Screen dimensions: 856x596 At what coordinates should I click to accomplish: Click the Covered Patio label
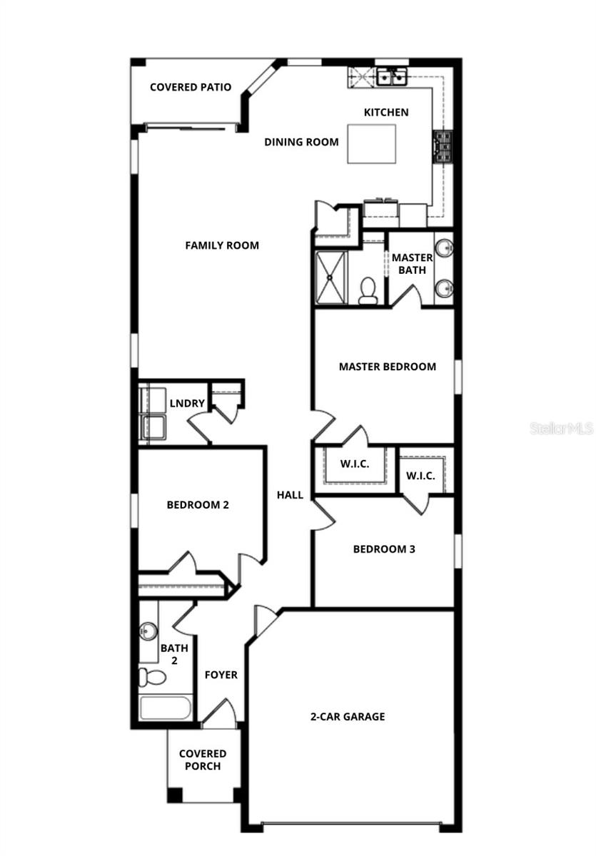click(x=190, y=87)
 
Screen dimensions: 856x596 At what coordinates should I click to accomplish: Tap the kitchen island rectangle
click(x=371, y=144)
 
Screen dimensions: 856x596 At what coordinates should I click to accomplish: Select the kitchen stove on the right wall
click(x=442, y=147)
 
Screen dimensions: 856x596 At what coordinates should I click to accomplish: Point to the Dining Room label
click(x=301, y=142)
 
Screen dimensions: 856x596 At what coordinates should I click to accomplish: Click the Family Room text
click(x=222, y=245)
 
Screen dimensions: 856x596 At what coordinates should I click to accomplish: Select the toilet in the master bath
click(x=368, y=290)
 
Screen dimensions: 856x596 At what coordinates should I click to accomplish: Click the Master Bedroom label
click(x=387, y=367)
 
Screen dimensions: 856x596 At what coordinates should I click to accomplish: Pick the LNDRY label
click(x=187, y=404)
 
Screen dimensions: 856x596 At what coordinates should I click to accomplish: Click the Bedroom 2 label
click(x=198, y=505)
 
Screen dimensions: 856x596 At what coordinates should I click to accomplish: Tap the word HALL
click(x=291, y=495)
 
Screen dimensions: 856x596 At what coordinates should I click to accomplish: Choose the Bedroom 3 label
click(x=384, y=549)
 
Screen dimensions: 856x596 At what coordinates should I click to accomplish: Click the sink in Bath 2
click(x=148, y=631)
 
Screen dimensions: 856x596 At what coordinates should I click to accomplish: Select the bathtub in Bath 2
click(x=166, y=708)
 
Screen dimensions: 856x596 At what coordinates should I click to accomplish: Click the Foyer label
click(x=221, y=675)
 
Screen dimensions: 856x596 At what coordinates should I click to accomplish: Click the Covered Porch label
click(x=203, y=760)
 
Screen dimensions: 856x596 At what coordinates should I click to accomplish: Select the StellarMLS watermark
click(x=561, y=428)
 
